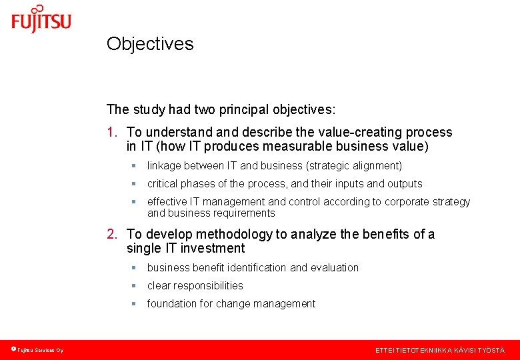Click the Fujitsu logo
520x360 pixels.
point(41,19)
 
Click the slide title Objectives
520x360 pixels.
point(150,44)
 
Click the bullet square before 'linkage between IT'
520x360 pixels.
point(133,166)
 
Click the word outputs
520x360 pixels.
point(405,183)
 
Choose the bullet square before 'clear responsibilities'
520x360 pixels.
point(133,286)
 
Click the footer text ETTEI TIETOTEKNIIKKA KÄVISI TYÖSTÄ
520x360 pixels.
point(440,350)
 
